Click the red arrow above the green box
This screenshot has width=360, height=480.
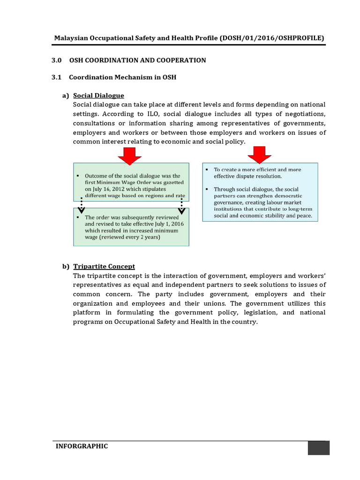[129, 155]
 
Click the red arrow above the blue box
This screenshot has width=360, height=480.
[256, 154]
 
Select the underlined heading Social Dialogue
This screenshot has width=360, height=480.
[98, 96]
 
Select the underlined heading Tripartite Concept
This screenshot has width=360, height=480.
[104, 266]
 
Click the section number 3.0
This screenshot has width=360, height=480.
[56, 60]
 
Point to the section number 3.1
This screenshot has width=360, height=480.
[56, 77]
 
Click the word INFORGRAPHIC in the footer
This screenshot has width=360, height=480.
[82, 446]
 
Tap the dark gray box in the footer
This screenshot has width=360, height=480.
[318, 448]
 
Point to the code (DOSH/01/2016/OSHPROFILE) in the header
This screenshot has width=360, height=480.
[271, 38]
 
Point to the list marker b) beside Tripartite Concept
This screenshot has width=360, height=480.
[66, 266]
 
